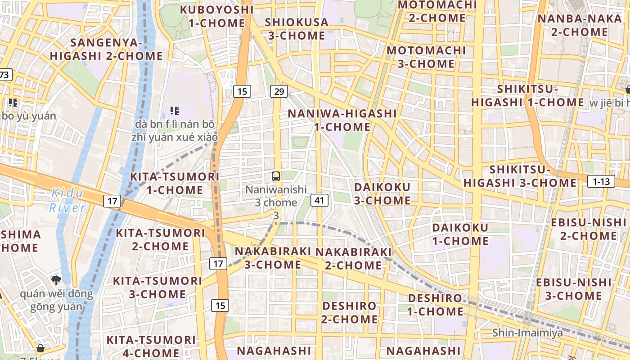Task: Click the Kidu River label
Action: (x=67, y=200)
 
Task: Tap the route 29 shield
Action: (x=279, y=91)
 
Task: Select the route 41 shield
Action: (x=319, y=200)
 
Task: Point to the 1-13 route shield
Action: (x=601, y=181)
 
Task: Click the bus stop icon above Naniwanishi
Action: (x=276, y=176)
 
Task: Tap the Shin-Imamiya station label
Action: (x=527, y=333)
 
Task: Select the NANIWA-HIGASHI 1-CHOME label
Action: (x=342, y=120)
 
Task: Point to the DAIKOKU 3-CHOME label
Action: (x=382, y=193)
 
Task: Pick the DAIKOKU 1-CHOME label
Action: (x=460, y=234)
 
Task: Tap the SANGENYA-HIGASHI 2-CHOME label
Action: (x=106, y=49)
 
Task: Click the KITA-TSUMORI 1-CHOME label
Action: (x=175, y=183)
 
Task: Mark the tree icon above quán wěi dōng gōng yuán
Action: (x=56, y=280)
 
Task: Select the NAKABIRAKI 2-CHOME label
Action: (x=354, y=258)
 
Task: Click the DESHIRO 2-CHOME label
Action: (x=350, y=312)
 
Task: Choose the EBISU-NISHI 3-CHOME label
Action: (x=574, y=289)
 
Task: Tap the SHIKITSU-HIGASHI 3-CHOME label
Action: (x=520, y=176)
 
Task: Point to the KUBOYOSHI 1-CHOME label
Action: (x=216, y=16)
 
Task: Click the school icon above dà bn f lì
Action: (x=175, y=110)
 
